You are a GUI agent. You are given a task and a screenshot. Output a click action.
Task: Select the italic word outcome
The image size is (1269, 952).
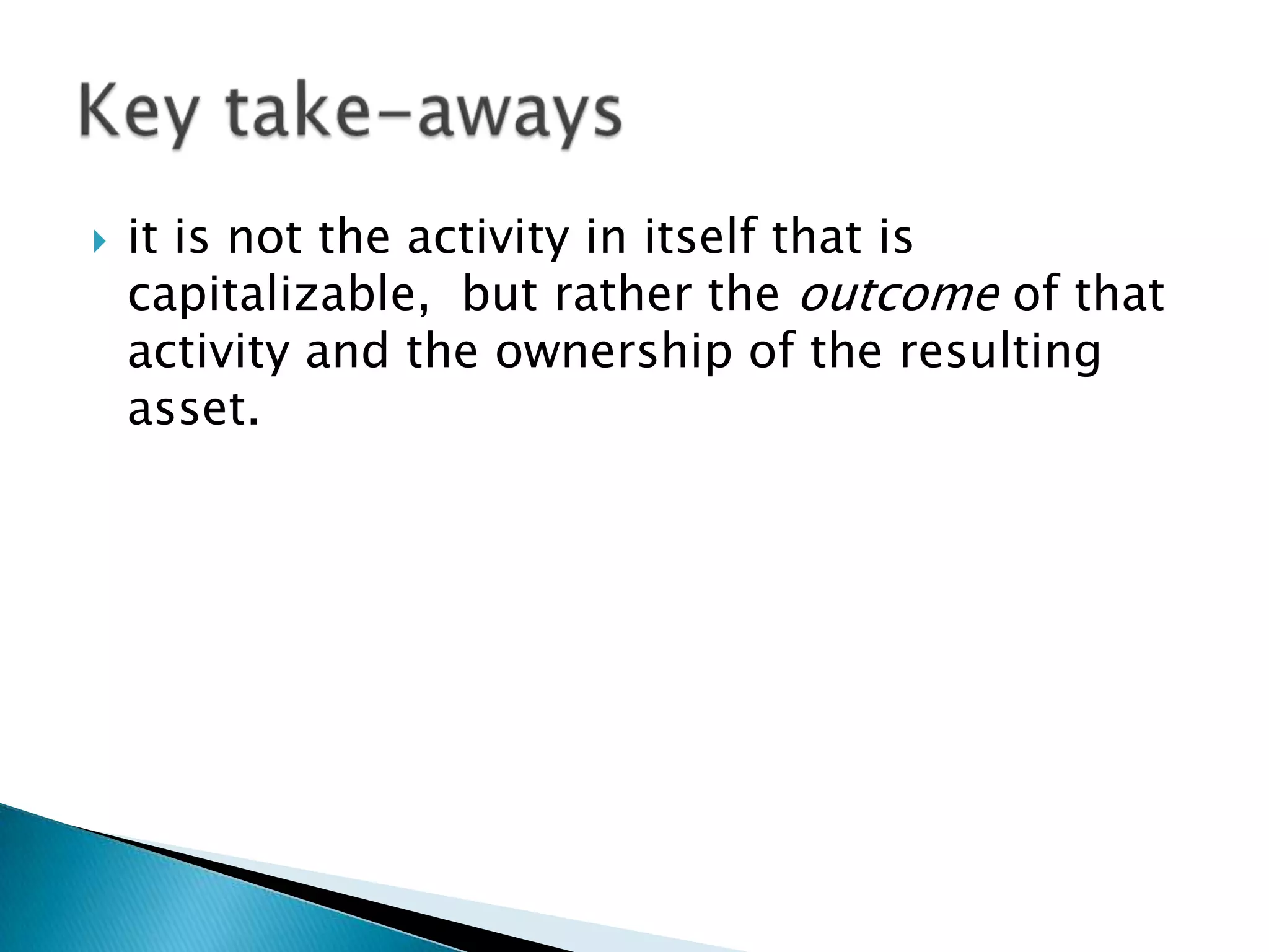click(898, 295)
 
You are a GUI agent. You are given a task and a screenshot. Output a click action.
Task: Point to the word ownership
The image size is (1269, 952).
click(613, 352)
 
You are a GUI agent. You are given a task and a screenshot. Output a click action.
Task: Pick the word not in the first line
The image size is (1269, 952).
click(265, 239)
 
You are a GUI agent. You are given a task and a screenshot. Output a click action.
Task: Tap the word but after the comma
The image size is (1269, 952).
click(499, 295)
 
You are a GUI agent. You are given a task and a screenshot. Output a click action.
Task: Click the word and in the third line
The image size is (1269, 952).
click(347, 352)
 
